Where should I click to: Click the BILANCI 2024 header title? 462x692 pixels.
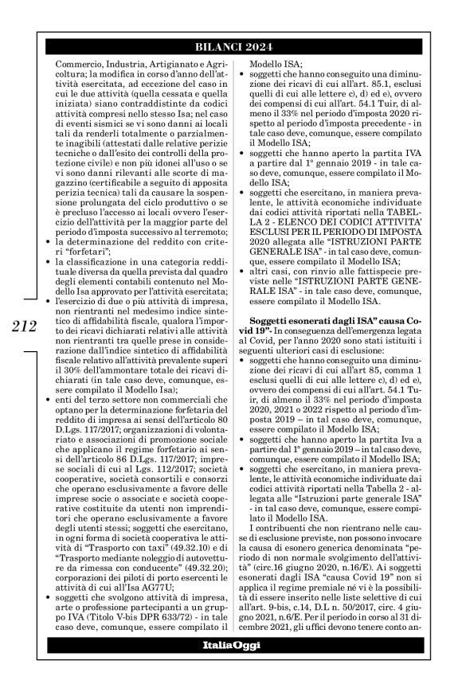(x=231, y=45)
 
